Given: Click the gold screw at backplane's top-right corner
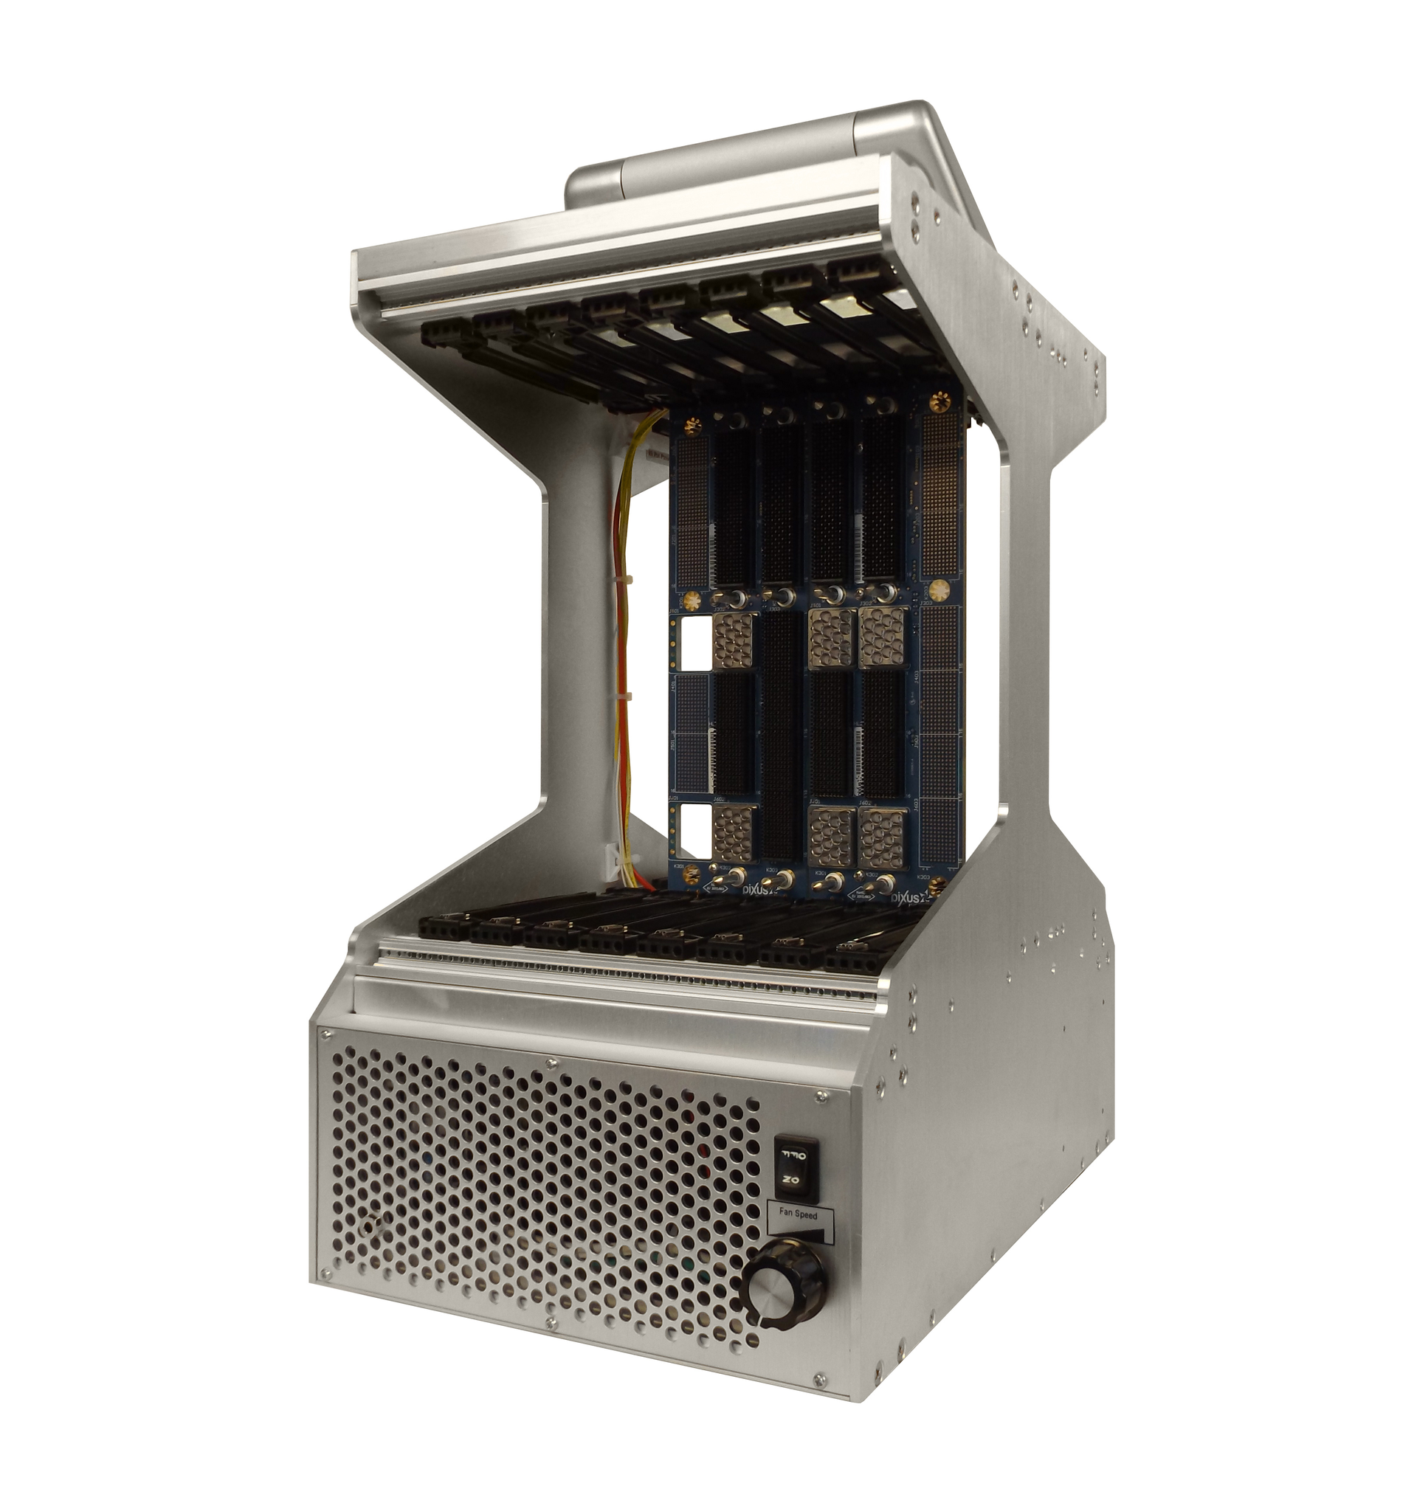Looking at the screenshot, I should [940, 401].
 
